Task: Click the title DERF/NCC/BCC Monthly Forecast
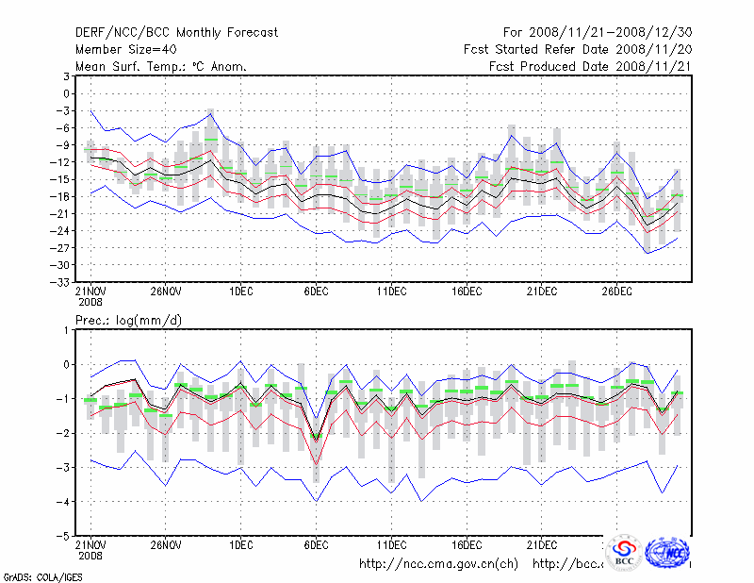(x=176, y=32)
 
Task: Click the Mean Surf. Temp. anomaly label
(x=160, y=66)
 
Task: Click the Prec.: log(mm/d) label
(x=129, y=321)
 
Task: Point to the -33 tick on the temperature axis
(x=62, y=282)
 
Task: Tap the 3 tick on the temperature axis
(x=67, y=76)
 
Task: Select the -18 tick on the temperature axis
(x=62, y=196)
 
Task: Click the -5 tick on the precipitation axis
(x=64, y=536)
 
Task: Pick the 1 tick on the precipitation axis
(x=67, y=329)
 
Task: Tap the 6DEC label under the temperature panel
(x=316, y=291)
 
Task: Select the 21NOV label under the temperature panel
(x=90, y=291)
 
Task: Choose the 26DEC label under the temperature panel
(x=616, y=291)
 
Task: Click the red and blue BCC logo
(x=624, y=552)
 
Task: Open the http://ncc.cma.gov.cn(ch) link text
(x=438, y=564)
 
